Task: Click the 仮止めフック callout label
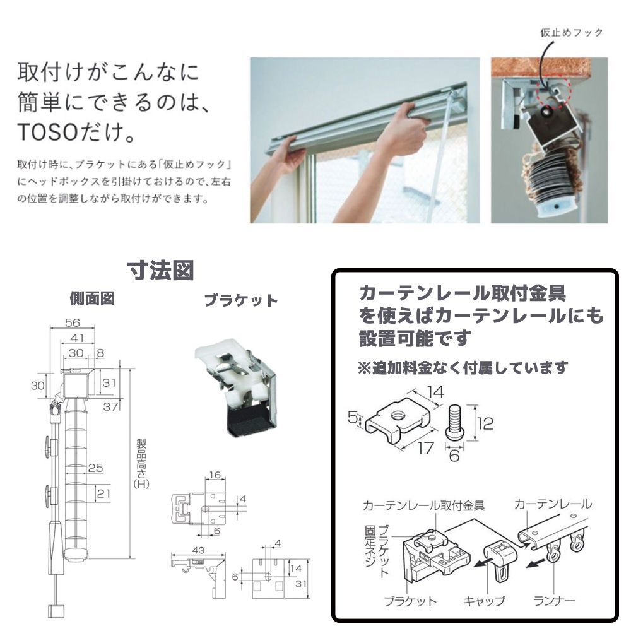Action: [572, 33]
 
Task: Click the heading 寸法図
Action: [161, 270]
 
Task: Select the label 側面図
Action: [92, 298]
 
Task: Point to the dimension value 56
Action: [73, 322]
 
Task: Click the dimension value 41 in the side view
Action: [77, 338]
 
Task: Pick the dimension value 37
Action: [110, 406]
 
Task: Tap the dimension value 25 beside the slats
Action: [95, 468]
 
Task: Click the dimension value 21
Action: [103, 493]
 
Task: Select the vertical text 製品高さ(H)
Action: [141, 464]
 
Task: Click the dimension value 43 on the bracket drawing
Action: [198, 550]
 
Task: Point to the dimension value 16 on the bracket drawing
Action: [215, 475]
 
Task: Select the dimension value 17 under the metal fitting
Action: [425, 447]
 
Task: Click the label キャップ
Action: [484, 601]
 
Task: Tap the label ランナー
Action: [555, 601]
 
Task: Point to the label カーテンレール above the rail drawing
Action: [553, 504]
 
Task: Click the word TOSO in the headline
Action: [49, 132]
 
